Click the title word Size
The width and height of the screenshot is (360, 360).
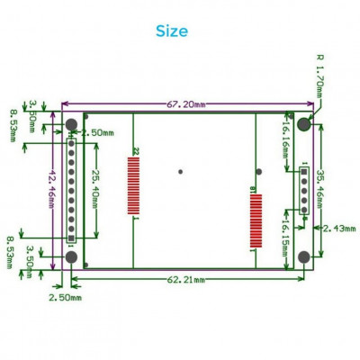171,31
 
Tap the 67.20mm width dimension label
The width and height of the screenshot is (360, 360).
184,103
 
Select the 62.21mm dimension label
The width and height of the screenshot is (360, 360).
184,280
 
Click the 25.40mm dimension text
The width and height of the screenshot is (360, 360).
97,187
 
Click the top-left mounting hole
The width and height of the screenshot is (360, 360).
71,123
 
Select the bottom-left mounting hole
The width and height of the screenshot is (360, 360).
71,258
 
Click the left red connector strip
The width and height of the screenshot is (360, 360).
136,185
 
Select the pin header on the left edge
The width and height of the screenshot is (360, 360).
71,191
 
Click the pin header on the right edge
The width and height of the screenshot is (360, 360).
304,191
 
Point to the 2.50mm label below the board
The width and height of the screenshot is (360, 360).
65,296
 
